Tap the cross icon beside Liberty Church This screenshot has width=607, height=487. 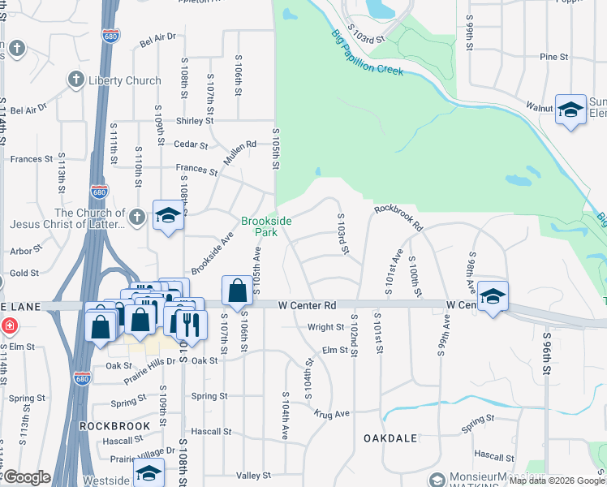click(75, 80)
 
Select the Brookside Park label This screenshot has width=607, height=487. click(266, 226)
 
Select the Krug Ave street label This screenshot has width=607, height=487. click(332, 413)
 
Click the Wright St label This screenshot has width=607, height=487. click(325, 327)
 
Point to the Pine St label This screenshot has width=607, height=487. click(553, 57)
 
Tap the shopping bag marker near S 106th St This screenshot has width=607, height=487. click(236, 291)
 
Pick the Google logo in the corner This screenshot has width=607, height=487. click(27, 477)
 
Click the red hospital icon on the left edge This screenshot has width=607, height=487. click(9, 326)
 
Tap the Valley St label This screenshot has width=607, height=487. click(252, 475)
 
